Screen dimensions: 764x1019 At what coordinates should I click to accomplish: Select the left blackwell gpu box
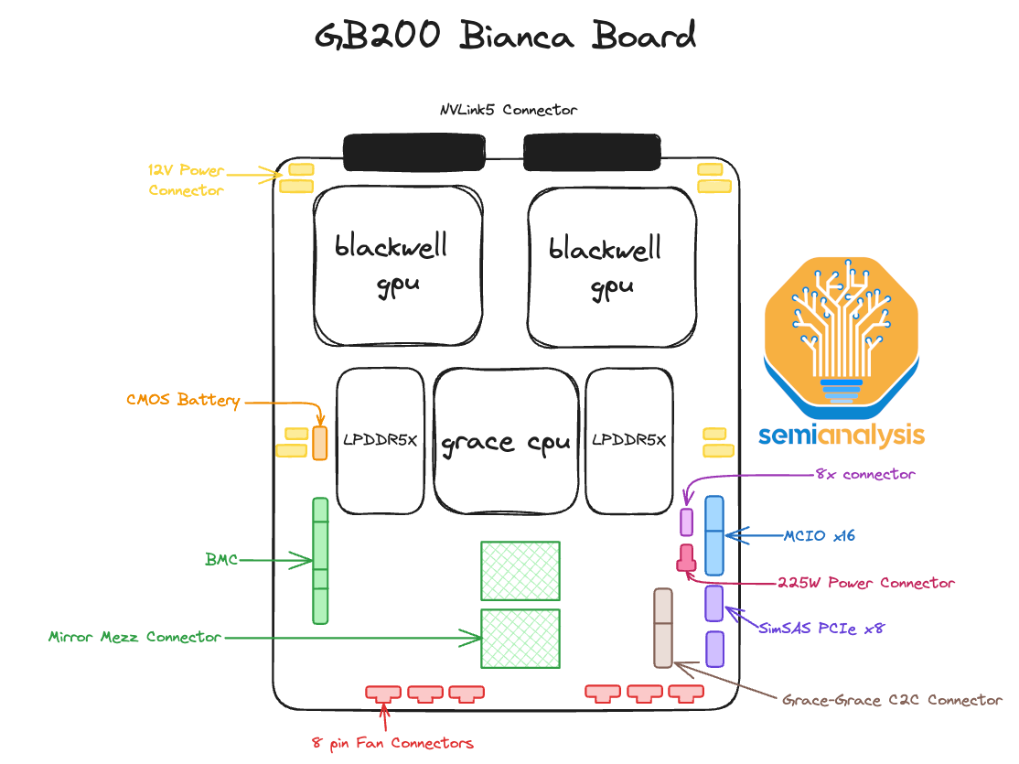[x=399, y=265]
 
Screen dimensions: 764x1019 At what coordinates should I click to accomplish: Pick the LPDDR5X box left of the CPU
[x=381, y=441]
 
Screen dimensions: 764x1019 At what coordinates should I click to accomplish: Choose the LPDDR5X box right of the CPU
[x=629, y=441]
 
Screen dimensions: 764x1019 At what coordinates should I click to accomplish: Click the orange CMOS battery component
[x=319, y=442]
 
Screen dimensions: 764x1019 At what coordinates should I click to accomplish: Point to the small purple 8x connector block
[x=687, y=521]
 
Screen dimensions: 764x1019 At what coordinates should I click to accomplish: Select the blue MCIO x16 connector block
[x=713, y=535]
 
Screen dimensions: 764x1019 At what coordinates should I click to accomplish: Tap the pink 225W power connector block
[x=686, y=557]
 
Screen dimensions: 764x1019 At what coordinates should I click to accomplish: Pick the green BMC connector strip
[x=320, y=560]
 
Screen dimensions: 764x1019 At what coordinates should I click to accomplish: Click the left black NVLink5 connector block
[x=413, y=152]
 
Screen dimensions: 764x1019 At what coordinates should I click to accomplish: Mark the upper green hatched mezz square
[x=520, y=572]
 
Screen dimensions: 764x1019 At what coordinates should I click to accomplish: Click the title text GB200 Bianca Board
[x=506, y=37]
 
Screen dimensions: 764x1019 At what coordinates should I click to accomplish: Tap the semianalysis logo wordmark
[x=841, y=436]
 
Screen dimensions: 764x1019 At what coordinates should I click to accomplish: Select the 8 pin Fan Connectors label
[x=392, y=743]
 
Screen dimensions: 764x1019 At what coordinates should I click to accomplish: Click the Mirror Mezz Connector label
[x=134, y=637]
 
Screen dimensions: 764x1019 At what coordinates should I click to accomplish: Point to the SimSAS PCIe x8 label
[x=821, y=629]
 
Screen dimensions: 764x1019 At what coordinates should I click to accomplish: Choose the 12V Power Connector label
[x=186, y=180]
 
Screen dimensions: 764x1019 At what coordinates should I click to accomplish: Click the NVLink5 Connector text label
[x=509, y=110]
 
